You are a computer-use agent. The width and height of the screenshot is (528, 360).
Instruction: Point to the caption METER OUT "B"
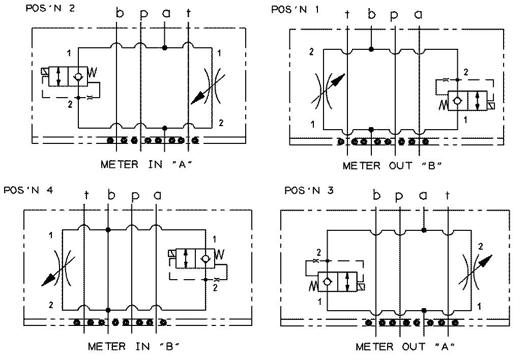[x=392, y=166]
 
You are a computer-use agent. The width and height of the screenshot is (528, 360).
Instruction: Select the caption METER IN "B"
[x=134, y=346]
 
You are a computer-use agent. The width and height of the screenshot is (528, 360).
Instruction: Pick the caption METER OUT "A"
[x=405, y=347]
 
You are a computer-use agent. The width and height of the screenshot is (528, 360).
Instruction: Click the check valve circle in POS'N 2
[x=77, y=76]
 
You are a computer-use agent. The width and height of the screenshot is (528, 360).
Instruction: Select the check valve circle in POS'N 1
[x=457, y=100]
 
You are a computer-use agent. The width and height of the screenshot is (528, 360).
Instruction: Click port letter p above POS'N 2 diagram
[x=143, y=14]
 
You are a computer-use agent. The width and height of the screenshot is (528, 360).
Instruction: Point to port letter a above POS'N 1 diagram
[x=419, y=15]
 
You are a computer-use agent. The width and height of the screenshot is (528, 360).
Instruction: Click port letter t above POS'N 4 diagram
[x=86, y=195]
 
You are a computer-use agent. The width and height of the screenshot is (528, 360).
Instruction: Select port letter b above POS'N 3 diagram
[x=376, y=195]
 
